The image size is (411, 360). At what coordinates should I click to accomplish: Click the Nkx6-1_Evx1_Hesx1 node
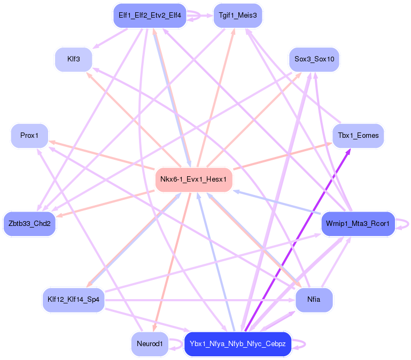(194, 179)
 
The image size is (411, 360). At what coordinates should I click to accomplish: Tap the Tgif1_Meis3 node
(237, 15)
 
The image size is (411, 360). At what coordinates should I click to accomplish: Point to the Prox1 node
(29, 136)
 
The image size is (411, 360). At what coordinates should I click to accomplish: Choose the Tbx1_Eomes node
(358, 136)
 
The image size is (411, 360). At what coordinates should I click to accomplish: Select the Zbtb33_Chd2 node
(30, 223)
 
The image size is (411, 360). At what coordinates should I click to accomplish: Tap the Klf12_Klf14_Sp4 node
(73, 300)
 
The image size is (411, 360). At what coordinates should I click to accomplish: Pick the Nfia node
(314, 300)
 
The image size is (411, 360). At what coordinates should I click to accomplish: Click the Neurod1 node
(150, 344)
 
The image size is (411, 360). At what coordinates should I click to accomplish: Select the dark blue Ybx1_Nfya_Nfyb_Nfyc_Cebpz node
(238, 344)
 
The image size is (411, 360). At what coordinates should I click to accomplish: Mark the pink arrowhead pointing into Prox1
(52, 142)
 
